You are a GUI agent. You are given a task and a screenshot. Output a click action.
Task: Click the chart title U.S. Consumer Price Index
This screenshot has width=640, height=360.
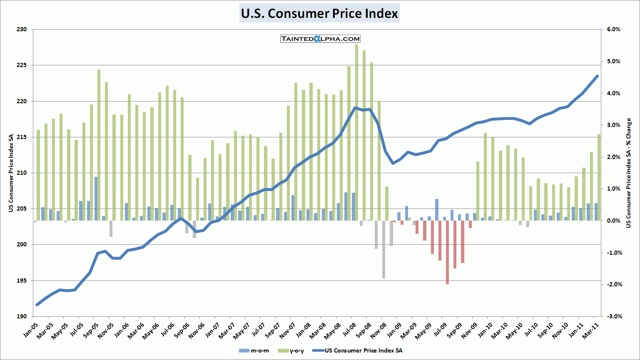pos(319,13)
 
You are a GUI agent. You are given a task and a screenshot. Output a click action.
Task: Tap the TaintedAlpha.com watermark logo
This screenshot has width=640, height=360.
pos(320,39)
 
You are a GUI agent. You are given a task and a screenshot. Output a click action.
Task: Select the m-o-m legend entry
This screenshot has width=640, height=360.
pos(254,350)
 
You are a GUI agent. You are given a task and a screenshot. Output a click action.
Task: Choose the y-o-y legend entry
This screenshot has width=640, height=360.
pos(291,350)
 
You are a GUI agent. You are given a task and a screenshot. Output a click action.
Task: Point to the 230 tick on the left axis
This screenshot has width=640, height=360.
pos(22,30)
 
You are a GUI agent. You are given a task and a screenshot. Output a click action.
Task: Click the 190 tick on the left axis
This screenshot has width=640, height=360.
pos(22,316)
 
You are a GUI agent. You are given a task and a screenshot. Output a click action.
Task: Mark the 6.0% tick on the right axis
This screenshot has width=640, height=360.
pos(613,30)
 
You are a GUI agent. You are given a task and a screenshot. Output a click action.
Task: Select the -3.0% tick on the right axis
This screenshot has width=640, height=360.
pos(613,316)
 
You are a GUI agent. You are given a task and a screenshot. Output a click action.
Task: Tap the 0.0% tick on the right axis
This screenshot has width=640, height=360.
pos(613,221)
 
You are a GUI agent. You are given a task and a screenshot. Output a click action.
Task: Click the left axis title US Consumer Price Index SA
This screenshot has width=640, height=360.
pos(11,173)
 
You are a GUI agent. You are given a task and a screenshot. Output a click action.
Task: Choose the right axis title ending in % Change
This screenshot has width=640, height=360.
pos(628,173)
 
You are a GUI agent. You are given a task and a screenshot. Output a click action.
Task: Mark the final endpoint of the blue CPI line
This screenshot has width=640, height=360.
pos(597,76)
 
